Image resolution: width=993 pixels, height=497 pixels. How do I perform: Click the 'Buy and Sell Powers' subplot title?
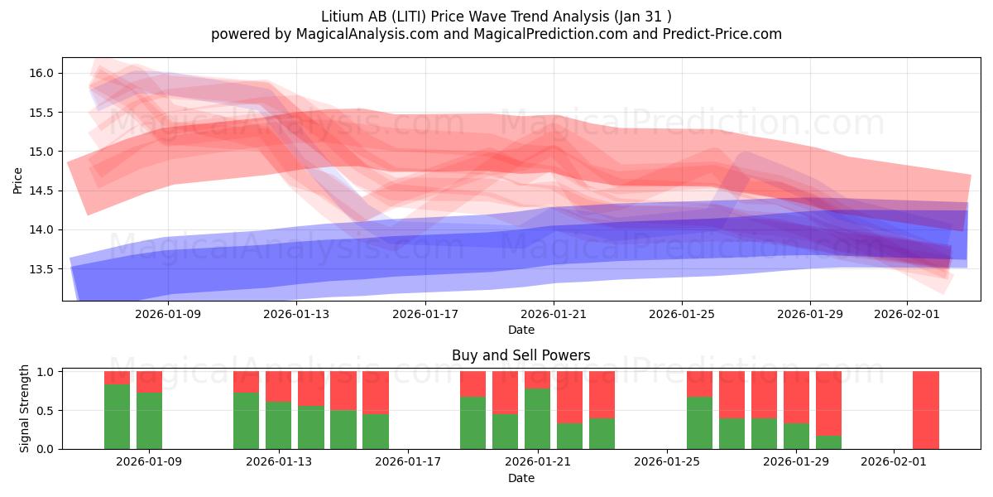click(520, 355)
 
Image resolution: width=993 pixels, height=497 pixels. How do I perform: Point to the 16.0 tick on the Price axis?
click(42, 73)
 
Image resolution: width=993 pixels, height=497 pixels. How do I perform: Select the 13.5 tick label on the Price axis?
click(42, 269)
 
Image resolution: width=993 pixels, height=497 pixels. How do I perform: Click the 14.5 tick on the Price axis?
click(42, 191)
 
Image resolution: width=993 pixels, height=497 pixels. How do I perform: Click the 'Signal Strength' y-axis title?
click(25, 408)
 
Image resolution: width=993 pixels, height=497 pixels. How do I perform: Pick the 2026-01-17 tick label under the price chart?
click(425, 314)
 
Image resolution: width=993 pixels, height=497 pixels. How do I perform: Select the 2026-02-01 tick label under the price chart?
click(907, 314)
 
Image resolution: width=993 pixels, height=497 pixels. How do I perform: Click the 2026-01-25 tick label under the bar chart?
click(666, 462)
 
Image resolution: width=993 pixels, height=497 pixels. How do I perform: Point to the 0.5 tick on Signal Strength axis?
click(46, 411)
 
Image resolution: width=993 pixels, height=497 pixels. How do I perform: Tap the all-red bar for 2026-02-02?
click(926, 410)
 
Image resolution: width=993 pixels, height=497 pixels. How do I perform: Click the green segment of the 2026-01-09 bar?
click(149, 421)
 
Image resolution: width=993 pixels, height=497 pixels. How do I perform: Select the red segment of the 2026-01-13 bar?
click(278, 386)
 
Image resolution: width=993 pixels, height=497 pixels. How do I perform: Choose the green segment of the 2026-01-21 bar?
click(537, 418)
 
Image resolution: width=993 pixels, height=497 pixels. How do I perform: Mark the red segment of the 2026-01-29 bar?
click(796, 397)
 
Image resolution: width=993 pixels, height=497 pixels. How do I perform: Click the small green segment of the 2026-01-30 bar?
click(828, 442)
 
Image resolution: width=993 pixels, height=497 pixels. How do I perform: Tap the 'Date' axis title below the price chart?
click(520, 330)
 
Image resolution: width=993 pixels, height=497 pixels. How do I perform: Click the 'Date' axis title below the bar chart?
click(520, 478)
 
